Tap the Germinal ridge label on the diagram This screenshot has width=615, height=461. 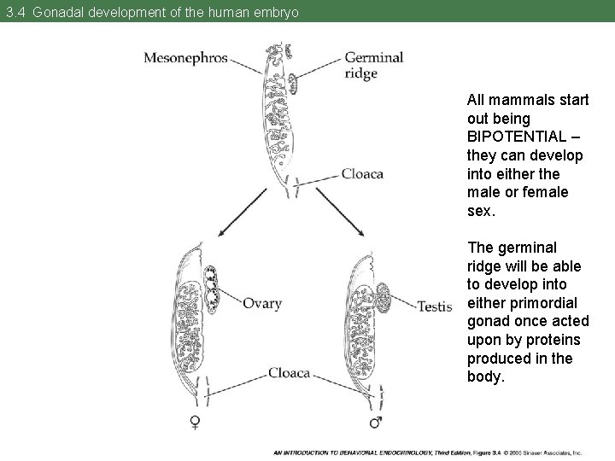(x=373, y=65)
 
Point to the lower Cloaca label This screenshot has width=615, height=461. (x=289, y=372)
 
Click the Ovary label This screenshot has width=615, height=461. (x=261, y=303)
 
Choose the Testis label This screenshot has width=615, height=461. (x=434, y=305)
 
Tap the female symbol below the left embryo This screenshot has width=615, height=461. (x=196, y=422)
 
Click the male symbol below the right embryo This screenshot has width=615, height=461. (x=373, y=422)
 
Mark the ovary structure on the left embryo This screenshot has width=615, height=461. (x=211, y=289)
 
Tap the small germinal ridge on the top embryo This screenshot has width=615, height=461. (x=294, y=84)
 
